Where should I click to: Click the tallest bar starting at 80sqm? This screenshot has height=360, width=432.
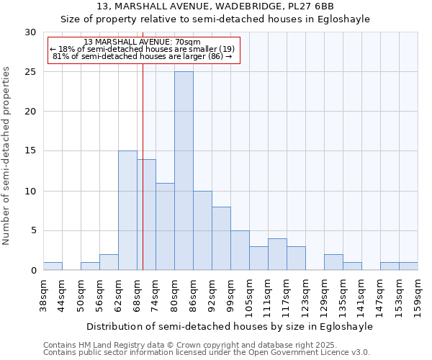pyautogui.click(x=184, y=171)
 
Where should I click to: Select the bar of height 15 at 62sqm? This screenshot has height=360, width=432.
pyautogui.click(x=127, y=210)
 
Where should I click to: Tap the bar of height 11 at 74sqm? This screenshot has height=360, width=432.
pyautogui.click(x=165, y=226)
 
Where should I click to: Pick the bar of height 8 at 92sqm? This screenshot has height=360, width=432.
pyautogui.click(x=221, y=238)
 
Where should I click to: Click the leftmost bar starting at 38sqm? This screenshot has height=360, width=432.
pyautogui.click(x=53, y=266)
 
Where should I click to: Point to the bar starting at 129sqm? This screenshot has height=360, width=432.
pyautogui.click(x=333, y=262)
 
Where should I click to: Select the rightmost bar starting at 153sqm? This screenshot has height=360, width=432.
pyautogui.click(x=408, y=266)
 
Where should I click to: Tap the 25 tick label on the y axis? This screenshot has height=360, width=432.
pyautogui.click(x=30, y=72)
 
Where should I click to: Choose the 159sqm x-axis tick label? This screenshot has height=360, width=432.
pyautogui.click(x=418, y=295)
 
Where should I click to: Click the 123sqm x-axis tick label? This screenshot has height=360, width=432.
pyautogui.click(x=306, y=295)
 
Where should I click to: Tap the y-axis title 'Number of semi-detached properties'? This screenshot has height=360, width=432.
pyautogui.click(x=6, y=156)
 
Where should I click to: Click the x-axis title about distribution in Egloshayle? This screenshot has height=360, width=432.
pyautogui.click(x=230, y=327)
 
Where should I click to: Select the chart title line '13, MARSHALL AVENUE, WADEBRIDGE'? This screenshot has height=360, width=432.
pyautogui.click(x=215, y=7)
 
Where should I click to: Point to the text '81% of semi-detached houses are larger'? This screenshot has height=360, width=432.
pyautogui.click(x=142, y=56)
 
